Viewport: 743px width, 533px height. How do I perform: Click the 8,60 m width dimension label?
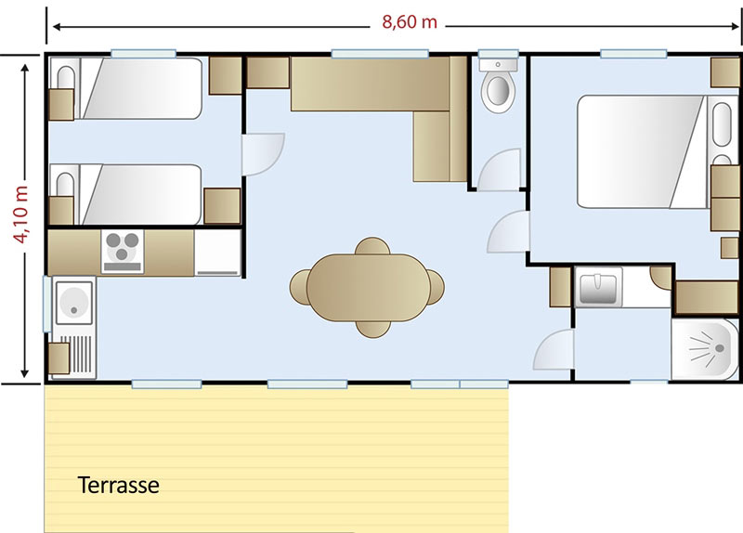click(x=410, y=21)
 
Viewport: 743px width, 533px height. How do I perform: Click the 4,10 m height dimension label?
click(x=20, y=214)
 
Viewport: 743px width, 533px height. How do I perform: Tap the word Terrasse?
click(x=119, y=485)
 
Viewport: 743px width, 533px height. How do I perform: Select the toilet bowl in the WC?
click(x=498, y=86)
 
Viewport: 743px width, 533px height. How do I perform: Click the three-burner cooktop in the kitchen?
click(x=123, y=252)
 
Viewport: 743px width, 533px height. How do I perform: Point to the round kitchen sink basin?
click(x=74, y=303)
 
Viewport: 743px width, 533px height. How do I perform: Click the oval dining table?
click(x=368, y=288)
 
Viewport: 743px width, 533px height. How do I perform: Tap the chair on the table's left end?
click(x=299, y=287)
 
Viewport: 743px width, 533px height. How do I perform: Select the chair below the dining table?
click(x=373, y=329)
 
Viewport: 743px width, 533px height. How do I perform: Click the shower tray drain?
click(x=720, y=348)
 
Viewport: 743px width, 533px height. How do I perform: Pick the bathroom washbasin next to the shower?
click(x=598, y=286)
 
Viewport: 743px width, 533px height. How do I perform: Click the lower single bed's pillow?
click(x=65, y=185)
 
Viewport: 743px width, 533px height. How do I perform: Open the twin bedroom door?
click(x=263, y=154)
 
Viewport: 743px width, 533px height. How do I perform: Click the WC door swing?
click(x=499, y=170)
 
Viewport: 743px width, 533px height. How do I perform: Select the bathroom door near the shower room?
click(x=554, y=350)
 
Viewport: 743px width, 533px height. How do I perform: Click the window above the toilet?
click(x=498, y=54)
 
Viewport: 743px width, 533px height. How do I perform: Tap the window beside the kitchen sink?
click(x=47, y=304)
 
